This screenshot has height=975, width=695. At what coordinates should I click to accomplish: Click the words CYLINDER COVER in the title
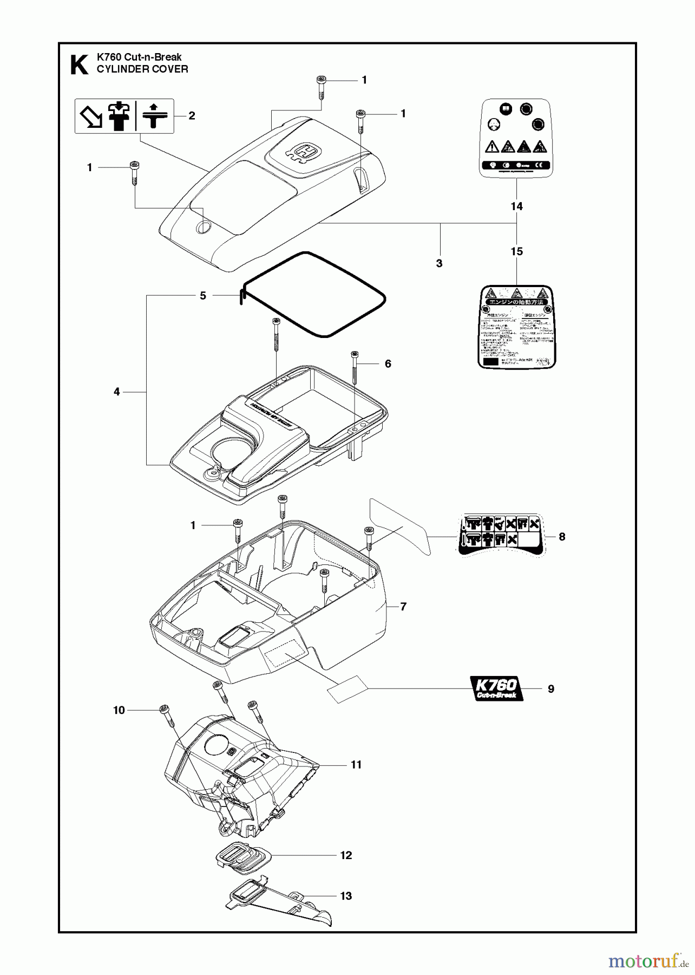(x=142, y=69)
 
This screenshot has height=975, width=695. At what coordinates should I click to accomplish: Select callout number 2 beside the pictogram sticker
(x=192, y=115)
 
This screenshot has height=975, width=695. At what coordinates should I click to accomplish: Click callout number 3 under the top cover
(x=439, y=263)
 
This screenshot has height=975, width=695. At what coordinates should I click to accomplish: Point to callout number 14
(x=516, y=206)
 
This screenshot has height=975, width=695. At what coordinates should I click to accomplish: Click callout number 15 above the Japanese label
(x=516, y=251)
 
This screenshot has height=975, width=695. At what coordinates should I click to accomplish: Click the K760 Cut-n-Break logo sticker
(x=496, y=688)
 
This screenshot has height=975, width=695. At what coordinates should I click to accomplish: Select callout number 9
(x=551, y=689)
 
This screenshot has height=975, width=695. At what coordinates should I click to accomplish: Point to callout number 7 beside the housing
(x=403, y=607)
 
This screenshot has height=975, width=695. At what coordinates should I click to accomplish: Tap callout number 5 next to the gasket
(x=203, y=296)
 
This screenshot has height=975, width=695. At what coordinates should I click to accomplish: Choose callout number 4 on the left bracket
(x=117, y=391)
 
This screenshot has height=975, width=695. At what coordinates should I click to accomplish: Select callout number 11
(x=356, y=764)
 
